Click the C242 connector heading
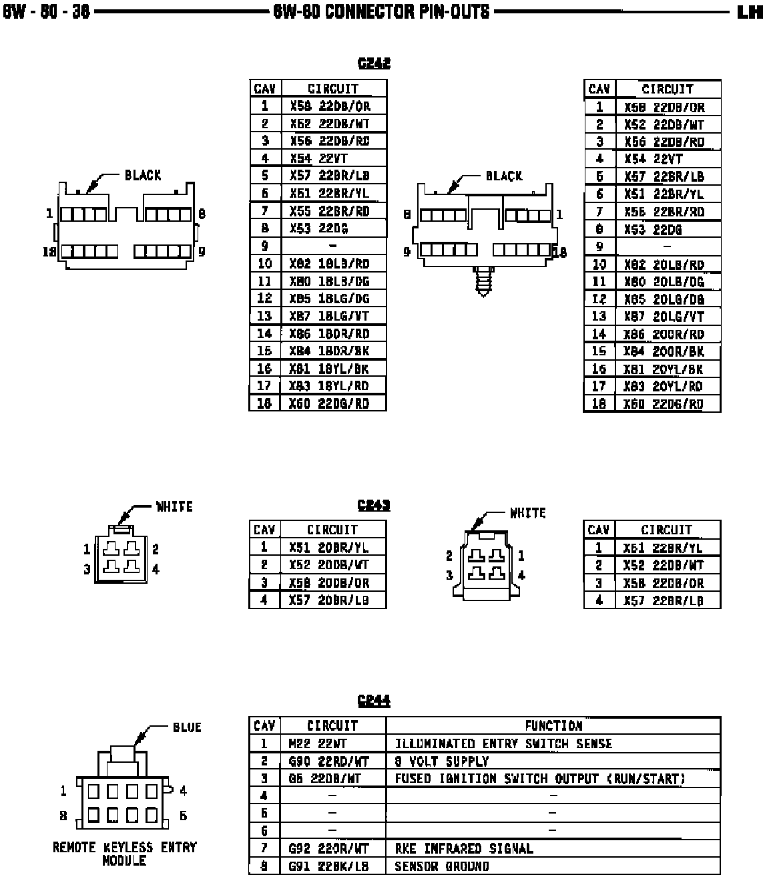[374, 63]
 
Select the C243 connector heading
[374, 505]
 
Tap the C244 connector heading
[374, 701]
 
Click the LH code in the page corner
[750, 12]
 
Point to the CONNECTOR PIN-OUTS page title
[381, 12]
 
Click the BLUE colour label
[187, 727]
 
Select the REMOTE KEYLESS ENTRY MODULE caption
[125, 854]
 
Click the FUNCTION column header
[553, 725]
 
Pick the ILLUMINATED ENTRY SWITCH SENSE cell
[503, 743]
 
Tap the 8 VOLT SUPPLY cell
[441, 761]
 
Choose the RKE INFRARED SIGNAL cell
[464, 848]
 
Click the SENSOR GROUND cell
[442, 866]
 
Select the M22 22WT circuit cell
[318, 743]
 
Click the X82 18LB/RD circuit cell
[329, 263]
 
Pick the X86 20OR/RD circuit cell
[664, 334]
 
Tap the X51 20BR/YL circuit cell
[329, 547]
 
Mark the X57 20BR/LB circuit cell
[329, 600]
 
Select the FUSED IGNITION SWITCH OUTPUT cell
[540, 778]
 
